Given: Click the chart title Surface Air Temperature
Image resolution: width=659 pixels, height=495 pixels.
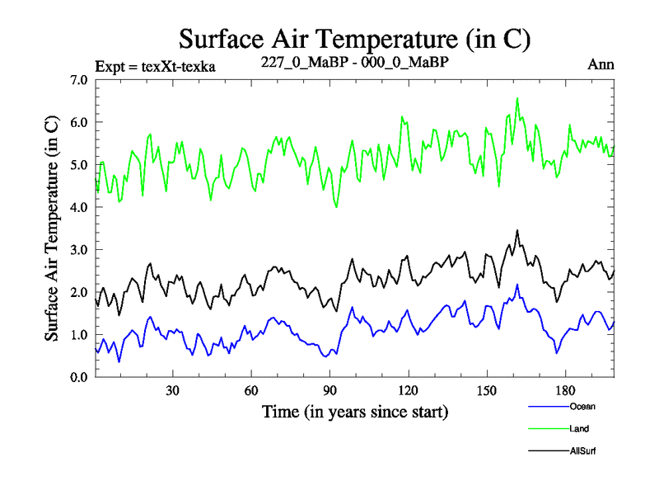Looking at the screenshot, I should tap(354, 38).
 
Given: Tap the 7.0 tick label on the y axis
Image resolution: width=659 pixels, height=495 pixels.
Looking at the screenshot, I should tap(81, 80).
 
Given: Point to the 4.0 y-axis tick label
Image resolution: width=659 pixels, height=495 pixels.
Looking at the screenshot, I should tap(81, 207).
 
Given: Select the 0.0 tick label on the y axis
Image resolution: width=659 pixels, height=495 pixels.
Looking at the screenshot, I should tap(81, 377).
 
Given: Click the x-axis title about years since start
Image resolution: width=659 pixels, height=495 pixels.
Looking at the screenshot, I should tap(355, 410).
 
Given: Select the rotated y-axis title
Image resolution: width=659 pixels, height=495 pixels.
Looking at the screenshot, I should tap(51, 229).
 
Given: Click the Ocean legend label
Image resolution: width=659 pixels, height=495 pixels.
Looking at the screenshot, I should tap(582, 406).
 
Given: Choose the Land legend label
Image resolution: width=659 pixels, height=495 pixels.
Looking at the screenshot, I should tap(579, 429).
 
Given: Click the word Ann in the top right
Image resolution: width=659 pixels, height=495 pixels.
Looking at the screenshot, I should tap(601, 64).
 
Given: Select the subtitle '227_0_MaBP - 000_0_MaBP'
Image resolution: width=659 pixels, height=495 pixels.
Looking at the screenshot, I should tap(354, 63).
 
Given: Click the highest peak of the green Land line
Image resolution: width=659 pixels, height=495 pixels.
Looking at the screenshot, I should tap(517, 98).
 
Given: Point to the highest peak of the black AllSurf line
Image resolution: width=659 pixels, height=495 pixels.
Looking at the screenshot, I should tap(517, 230).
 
